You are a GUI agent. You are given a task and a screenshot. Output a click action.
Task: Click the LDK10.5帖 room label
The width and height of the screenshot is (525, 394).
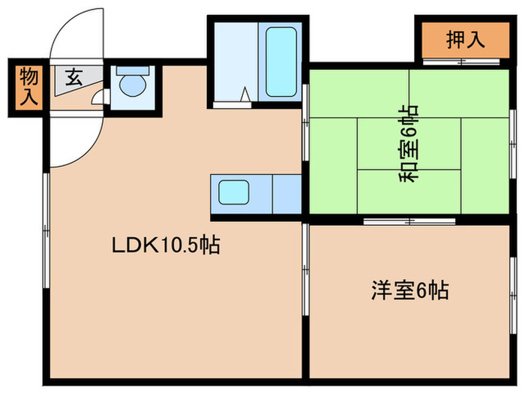[166, 245]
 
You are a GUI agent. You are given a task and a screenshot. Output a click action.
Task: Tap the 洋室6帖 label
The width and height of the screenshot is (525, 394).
[409, 290]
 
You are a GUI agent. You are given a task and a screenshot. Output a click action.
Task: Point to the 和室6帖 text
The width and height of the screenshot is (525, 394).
[409, 143]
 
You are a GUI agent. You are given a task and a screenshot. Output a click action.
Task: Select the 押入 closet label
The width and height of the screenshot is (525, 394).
[466, 40]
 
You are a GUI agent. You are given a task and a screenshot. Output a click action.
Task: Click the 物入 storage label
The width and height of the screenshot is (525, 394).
[28, 86]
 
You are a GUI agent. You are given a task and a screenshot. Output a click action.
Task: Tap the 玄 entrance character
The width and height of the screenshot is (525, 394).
[74, 78]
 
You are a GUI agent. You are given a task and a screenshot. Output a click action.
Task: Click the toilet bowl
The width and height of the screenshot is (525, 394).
[133, 86]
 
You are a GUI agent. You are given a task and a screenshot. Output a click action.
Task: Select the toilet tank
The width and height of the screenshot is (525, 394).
[133, 70]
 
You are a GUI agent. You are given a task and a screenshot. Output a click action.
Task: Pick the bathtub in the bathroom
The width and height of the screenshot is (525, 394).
[281, 62]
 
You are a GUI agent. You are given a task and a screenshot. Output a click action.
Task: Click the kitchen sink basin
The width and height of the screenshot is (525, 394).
[234, 192]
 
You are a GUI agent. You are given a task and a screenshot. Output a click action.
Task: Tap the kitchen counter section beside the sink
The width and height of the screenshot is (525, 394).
[287, 194]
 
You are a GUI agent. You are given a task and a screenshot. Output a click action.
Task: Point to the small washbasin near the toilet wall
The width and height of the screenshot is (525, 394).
[98, 98]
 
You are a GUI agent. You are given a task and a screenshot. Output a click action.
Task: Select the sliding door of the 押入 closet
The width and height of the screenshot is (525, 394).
[461, 62]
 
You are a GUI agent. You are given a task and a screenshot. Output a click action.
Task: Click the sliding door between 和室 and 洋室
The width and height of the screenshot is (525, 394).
[409, 221]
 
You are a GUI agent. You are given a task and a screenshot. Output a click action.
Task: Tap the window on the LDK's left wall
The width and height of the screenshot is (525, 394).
[46, 230]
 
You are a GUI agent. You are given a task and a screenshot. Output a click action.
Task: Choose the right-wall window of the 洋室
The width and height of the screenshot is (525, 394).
[513, 295]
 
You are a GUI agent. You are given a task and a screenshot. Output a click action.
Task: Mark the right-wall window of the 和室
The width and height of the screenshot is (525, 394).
[513, 144]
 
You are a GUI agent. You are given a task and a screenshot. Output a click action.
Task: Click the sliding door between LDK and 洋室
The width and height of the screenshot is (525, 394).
[305, 269]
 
